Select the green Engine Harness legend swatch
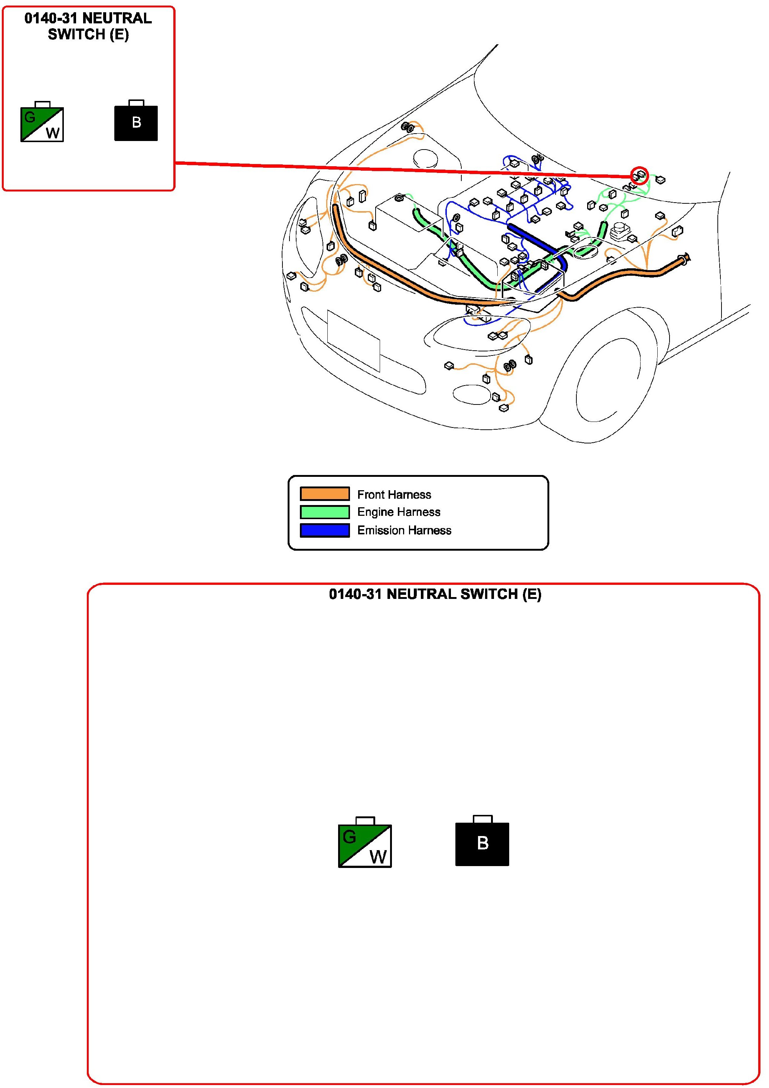[x=325, y=512]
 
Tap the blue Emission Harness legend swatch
[x=325, y=530]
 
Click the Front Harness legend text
[x=394, y=494]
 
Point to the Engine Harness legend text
[x=399, y=512]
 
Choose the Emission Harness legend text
[x=404, y=530]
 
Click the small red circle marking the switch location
[x=639, y=176]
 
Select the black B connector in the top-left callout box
[x=136, y=121]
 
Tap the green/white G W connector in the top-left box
[x=42, y=122]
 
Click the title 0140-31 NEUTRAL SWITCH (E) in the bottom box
[x=435, y=594]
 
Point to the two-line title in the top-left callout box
[x=88, y=27]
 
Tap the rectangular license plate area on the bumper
[x=353, y=341]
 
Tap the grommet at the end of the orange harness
[x=684, y=259]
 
